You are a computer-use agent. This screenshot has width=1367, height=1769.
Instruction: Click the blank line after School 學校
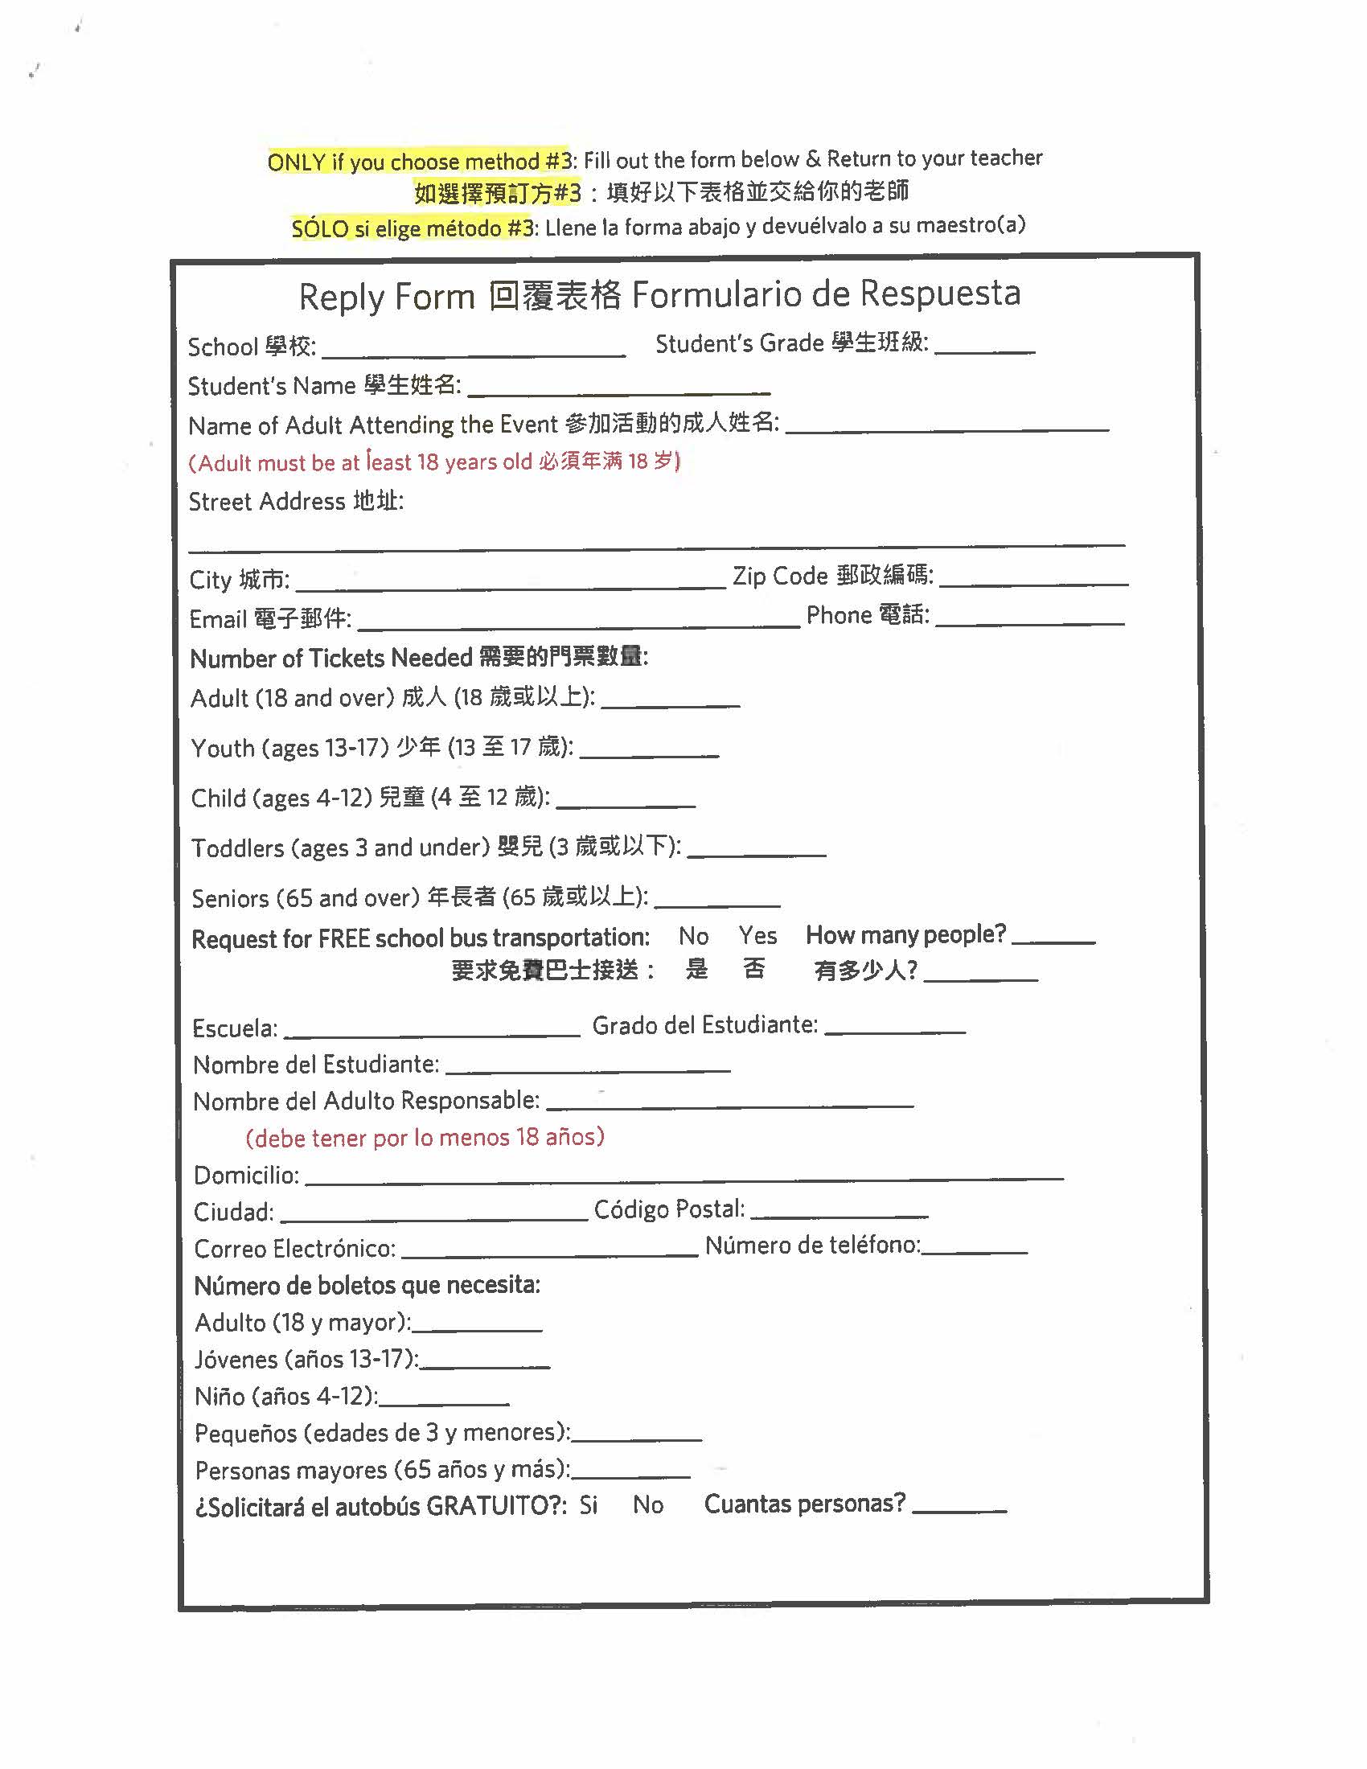point(474,350)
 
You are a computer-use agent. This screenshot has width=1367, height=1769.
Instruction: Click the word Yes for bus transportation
point(757,936)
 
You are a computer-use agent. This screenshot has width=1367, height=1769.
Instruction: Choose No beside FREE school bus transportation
point(693,936)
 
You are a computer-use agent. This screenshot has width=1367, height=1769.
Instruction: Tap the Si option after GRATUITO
point(588,1506)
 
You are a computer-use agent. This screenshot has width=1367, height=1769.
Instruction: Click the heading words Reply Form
point(386,298)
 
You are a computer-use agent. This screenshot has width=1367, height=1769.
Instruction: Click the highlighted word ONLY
point(296,162)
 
